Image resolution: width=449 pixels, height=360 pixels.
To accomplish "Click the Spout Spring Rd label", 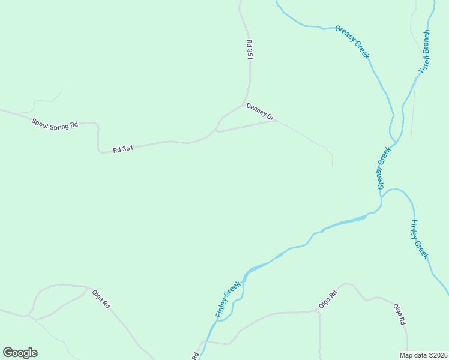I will pyautogui.click(x=55, y=123).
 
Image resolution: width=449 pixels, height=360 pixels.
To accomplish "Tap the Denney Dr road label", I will pyautogui.click(x=260, y=111).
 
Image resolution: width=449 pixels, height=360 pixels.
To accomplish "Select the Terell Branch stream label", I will pyautogui.click(x=425, y=52).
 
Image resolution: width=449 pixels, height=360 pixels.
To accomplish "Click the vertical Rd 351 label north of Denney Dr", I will pyautogui.click(x=249, y=49).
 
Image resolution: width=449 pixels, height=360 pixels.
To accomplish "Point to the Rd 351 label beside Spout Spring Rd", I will pyautogui.click(x=123, y=149).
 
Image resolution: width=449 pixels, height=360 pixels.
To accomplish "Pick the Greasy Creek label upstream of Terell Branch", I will pyautogui.click(x=352, y=41).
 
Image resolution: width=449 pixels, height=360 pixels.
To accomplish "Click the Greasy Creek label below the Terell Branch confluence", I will pyautogui.click(x=383, y=169).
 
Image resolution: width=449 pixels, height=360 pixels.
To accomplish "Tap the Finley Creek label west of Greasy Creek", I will pyautogui.click(x=228, y=300).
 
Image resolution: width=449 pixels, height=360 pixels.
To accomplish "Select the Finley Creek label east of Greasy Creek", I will pyautogui.click(x=419, y=239).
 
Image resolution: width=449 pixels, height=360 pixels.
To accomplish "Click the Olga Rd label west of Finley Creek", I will pyautogui.click(x=101, y=299).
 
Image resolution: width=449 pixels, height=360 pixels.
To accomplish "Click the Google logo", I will pyautogui.click(x=20, y=353).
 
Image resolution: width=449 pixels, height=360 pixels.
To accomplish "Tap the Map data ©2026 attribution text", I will pyautogui.click(x=423, y=355).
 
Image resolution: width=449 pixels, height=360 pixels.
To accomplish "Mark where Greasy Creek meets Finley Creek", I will pyautogui.click(x=381, y=200).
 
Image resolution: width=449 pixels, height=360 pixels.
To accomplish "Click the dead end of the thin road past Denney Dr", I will pyautogui.click(x=332, y=166).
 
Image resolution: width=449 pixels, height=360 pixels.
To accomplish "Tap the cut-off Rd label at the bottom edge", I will pyautogui.click(x=196, y=356).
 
